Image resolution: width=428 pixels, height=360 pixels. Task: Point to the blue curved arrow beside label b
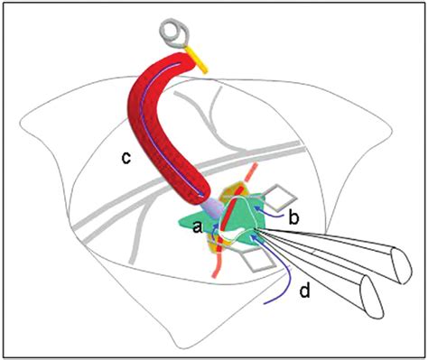click(x=267, y=213)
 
